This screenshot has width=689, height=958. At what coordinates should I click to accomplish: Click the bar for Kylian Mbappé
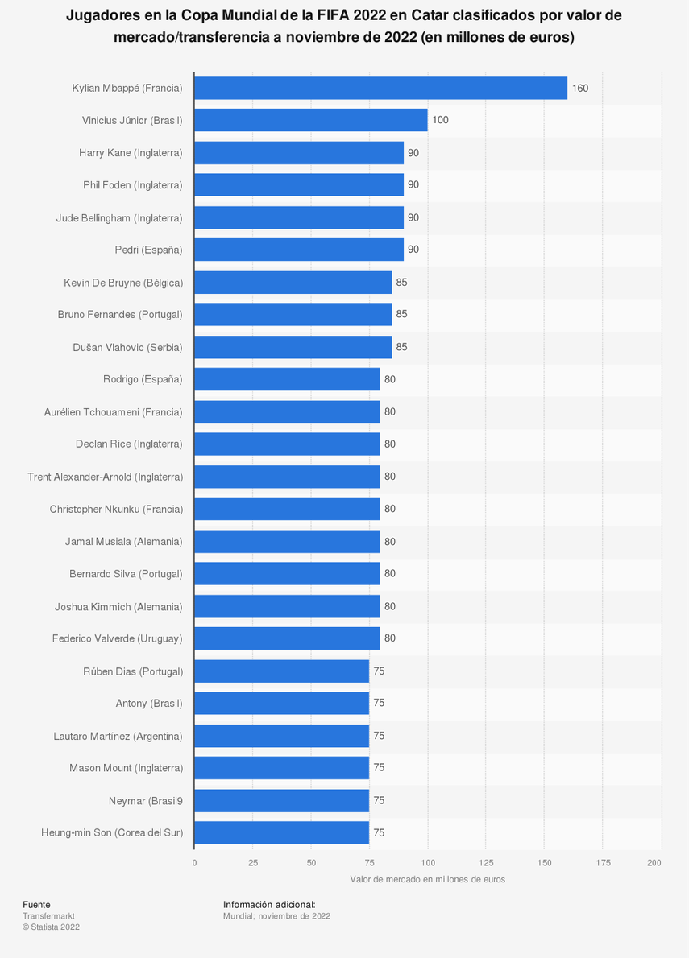click(x=380, y=88)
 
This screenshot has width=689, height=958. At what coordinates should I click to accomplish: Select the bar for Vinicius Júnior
click(x=310, y=120)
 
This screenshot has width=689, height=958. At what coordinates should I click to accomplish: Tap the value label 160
click(x=580, y=88)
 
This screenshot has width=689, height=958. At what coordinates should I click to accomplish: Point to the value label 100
click(x=440, y=120)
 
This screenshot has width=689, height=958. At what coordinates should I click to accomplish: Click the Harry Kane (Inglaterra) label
click(x=131, y=153)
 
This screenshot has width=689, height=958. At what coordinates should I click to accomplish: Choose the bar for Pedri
click(x=298, y=250)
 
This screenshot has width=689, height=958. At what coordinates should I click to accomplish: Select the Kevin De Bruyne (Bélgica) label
click(x=123, y=283)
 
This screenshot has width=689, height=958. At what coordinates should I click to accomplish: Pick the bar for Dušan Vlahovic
click(x=293, y=347)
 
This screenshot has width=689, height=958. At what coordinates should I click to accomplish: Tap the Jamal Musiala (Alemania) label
click(x=124, y=542)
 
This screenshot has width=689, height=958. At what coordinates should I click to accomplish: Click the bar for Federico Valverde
click(x=287, y=638)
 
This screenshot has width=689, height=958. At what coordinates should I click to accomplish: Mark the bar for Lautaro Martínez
click(x=281, y=736)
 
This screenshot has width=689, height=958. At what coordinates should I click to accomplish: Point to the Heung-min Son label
click(x=112, y=832)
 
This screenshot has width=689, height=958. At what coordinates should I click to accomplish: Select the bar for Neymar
click(x=281, y=800)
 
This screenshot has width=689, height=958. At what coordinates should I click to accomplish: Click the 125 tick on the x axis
click(x=485, y=863)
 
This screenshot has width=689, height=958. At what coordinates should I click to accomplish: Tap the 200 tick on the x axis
click(x=654, y=863)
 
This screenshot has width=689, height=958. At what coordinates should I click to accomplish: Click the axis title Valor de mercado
click(x=427, y=879)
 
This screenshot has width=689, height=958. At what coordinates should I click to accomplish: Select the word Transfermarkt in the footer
click(x=48, y=916)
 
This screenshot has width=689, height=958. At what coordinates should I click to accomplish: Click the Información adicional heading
click(x=269, y=905)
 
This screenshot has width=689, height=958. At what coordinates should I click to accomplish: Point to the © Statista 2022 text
click(x=51, y=927)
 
